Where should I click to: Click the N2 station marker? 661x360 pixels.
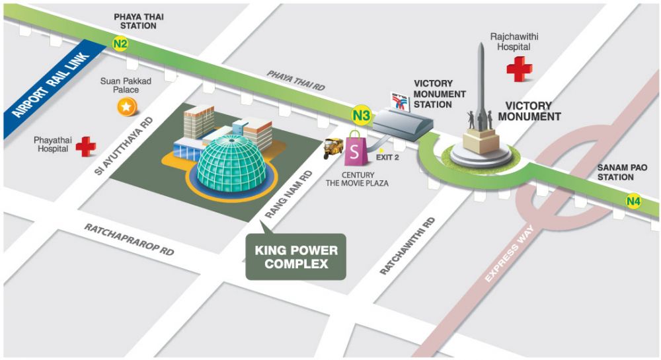pyautogui.click(x=120, y=44)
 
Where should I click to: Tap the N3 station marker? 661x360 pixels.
pyautogui.click(x=361, y=116)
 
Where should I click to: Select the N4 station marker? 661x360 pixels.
pyautogui.click(x=634, y=201)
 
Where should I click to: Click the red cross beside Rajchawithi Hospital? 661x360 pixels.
pyautogui.click(x=520, y=68)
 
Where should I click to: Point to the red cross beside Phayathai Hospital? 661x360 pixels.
pyautogui.click(x=85, y=146)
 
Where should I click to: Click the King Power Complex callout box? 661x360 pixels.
pyautogui.click(x=296, y=256)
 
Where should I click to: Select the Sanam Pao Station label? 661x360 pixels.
pyautogui.click(x=615, y=172)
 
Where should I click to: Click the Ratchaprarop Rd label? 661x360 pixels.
pyautogui.click(x=129, y=240)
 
